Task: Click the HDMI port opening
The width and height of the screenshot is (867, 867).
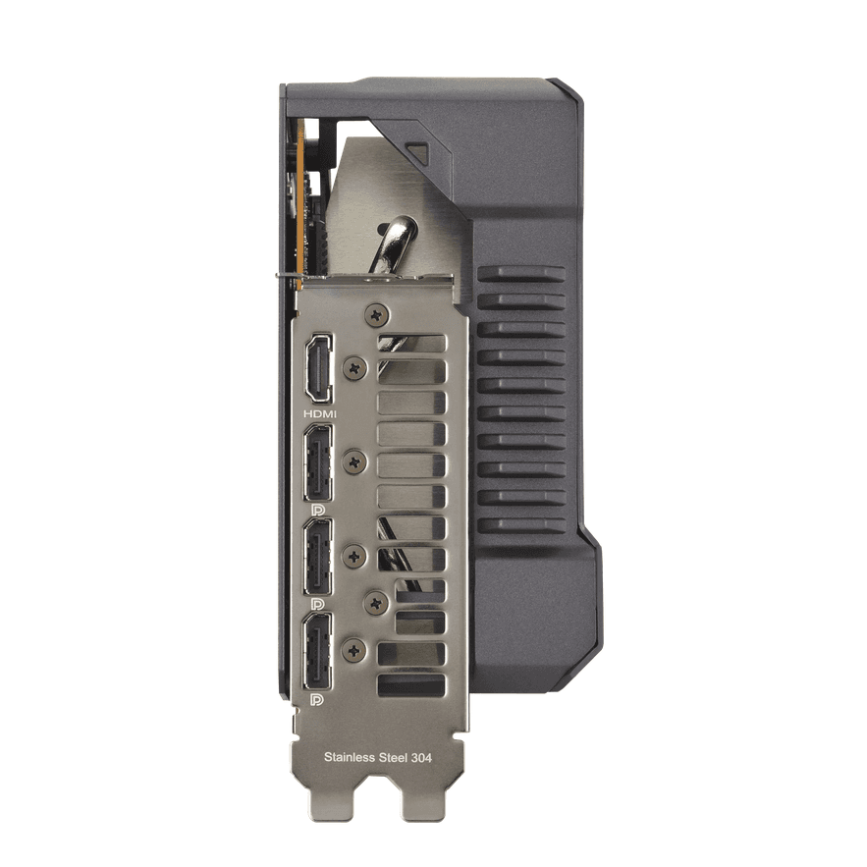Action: (319, 369)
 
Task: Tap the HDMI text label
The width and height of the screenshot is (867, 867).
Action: (319, 413)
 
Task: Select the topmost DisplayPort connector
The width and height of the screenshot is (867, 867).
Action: (318, 462)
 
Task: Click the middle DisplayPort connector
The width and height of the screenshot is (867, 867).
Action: (318, 557)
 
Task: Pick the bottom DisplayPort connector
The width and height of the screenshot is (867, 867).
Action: (318, 650)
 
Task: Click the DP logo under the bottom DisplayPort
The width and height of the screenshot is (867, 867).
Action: (318, 698)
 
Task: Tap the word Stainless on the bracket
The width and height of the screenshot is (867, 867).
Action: (350, 757)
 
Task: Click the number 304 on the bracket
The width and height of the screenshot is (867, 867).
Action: (421, 757)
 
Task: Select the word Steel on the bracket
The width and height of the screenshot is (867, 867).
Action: (393, 757)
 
